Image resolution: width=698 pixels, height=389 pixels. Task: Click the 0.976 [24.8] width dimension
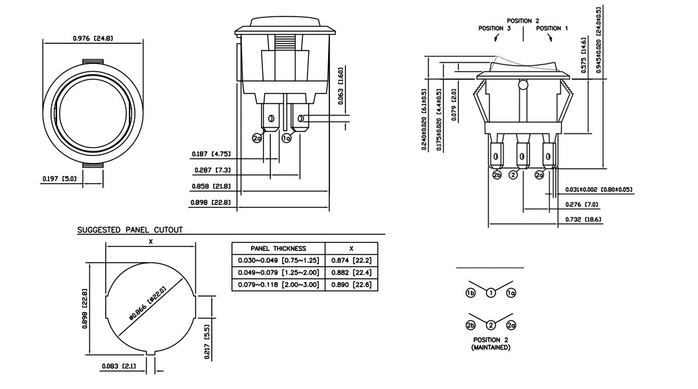92,39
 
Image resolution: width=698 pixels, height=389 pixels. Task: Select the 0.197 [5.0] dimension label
59,179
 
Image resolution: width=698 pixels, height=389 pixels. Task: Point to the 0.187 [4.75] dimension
211,154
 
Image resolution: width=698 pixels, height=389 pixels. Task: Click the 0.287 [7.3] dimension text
211,171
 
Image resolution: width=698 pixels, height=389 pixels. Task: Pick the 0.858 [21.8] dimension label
211,187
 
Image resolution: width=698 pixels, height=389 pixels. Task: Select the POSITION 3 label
494,29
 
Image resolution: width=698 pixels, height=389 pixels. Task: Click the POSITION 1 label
552,29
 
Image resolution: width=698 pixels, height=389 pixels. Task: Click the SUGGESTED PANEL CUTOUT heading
130,230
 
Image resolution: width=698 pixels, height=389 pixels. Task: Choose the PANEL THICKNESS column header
278,248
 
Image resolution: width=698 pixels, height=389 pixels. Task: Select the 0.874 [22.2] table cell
355,260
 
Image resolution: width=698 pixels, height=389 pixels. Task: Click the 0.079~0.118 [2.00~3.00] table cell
278,284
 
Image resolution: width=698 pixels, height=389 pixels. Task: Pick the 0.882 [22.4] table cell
355,272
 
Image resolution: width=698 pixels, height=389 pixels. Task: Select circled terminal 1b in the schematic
470,293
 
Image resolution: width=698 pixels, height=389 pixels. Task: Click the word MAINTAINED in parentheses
491,347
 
